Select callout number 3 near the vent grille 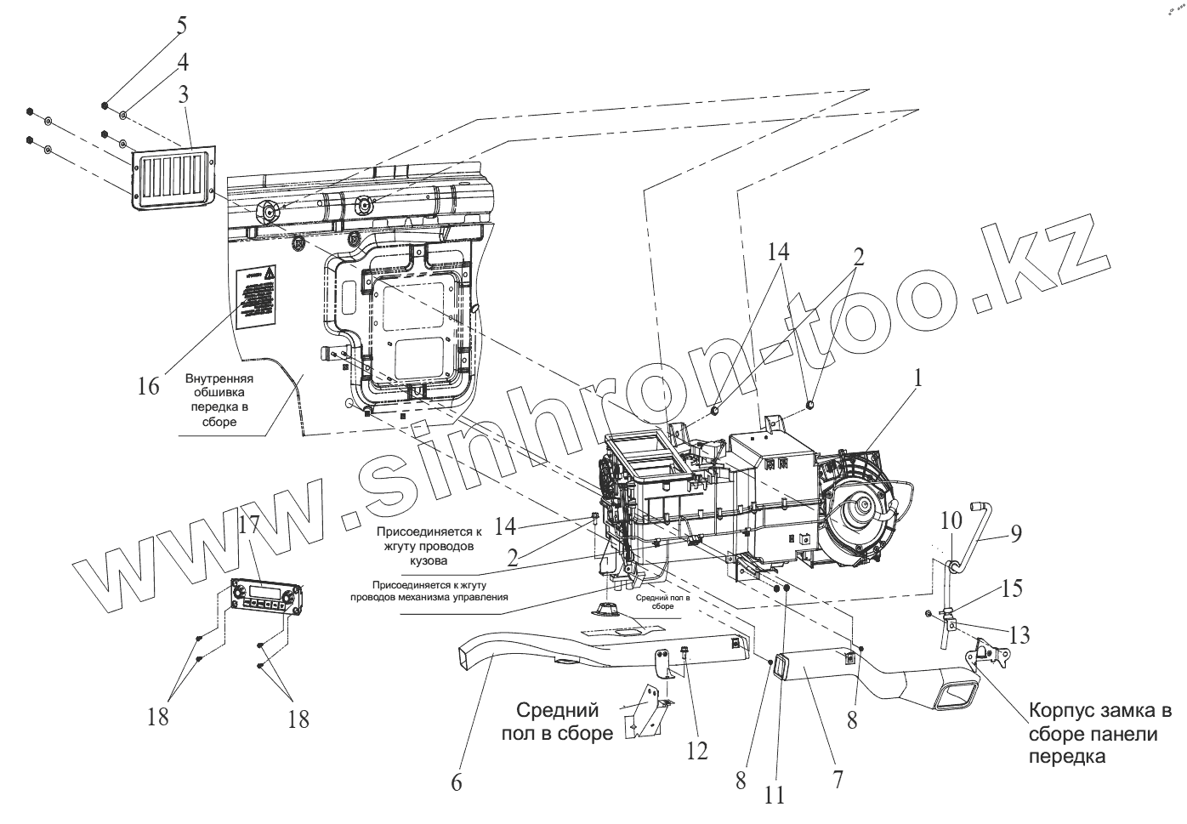click(x=183, y=94)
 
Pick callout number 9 click(x=1014, y=534)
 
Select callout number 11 click(x=775, y=795)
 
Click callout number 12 click(x=696, y=748)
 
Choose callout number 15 click(x=1011, y=588)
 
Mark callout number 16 click(x=148, y=386)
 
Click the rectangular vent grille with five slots click(x=173, y=178)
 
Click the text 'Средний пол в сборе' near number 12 click(x=565, y=721)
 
